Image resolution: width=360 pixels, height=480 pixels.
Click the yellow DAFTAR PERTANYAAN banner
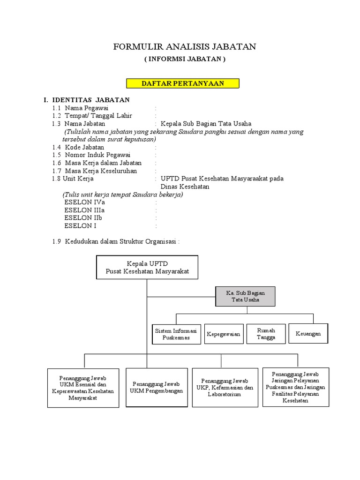pyautogui.click(x=183, y=83)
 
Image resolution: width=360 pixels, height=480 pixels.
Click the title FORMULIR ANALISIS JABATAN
pyautogui.click(x=185, y=47)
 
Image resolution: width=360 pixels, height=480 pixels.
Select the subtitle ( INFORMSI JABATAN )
pyautogui.click(x=185, y=60)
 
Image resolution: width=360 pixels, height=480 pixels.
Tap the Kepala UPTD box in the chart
pyautogui.click(x=147, y=267)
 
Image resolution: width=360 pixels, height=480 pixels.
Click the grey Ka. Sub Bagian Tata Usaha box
pyautogui.click(x=245, y=296)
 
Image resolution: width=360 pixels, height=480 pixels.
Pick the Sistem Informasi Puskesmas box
pyautogui.click(x=176, y=334)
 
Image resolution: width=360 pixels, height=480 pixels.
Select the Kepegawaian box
pyautogui.click(x=223, y=334)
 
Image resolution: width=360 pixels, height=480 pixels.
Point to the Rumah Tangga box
pyautogui.click(x=266, y=334)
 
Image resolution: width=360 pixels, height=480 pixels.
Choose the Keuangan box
pyautogui.click(x=308, y=334)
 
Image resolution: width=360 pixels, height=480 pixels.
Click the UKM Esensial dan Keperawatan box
pyautogui.click(x=83, y=388)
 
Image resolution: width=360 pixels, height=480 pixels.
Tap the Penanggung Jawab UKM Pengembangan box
pyautogui.click(x=157, y=387)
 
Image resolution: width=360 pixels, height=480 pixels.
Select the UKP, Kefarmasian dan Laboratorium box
pyautogui.click(x=224, y=388)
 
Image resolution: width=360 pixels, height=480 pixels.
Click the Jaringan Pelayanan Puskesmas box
pyautogui.click(x=295, y=387)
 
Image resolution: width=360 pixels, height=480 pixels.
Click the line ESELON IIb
pyautogui.click(x=83, y=218)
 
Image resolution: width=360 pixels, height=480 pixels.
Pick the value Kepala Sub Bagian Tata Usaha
pyautogui.click(x=206, y=124)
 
